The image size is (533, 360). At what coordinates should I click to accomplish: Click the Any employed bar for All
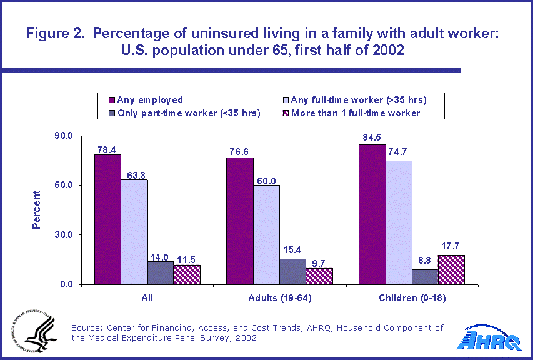point(107,219)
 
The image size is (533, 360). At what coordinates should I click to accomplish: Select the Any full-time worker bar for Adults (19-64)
point(266,235)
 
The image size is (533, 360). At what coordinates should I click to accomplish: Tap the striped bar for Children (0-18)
point(451,269)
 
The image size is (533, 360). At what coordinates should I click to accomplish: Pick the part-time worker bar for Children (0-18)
point(425,277)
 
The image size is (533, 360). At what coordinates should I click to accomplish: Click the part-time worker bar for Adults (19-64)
point(293,272)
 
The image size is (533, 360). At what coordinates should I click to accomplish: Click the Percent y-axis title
point(36,210)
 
